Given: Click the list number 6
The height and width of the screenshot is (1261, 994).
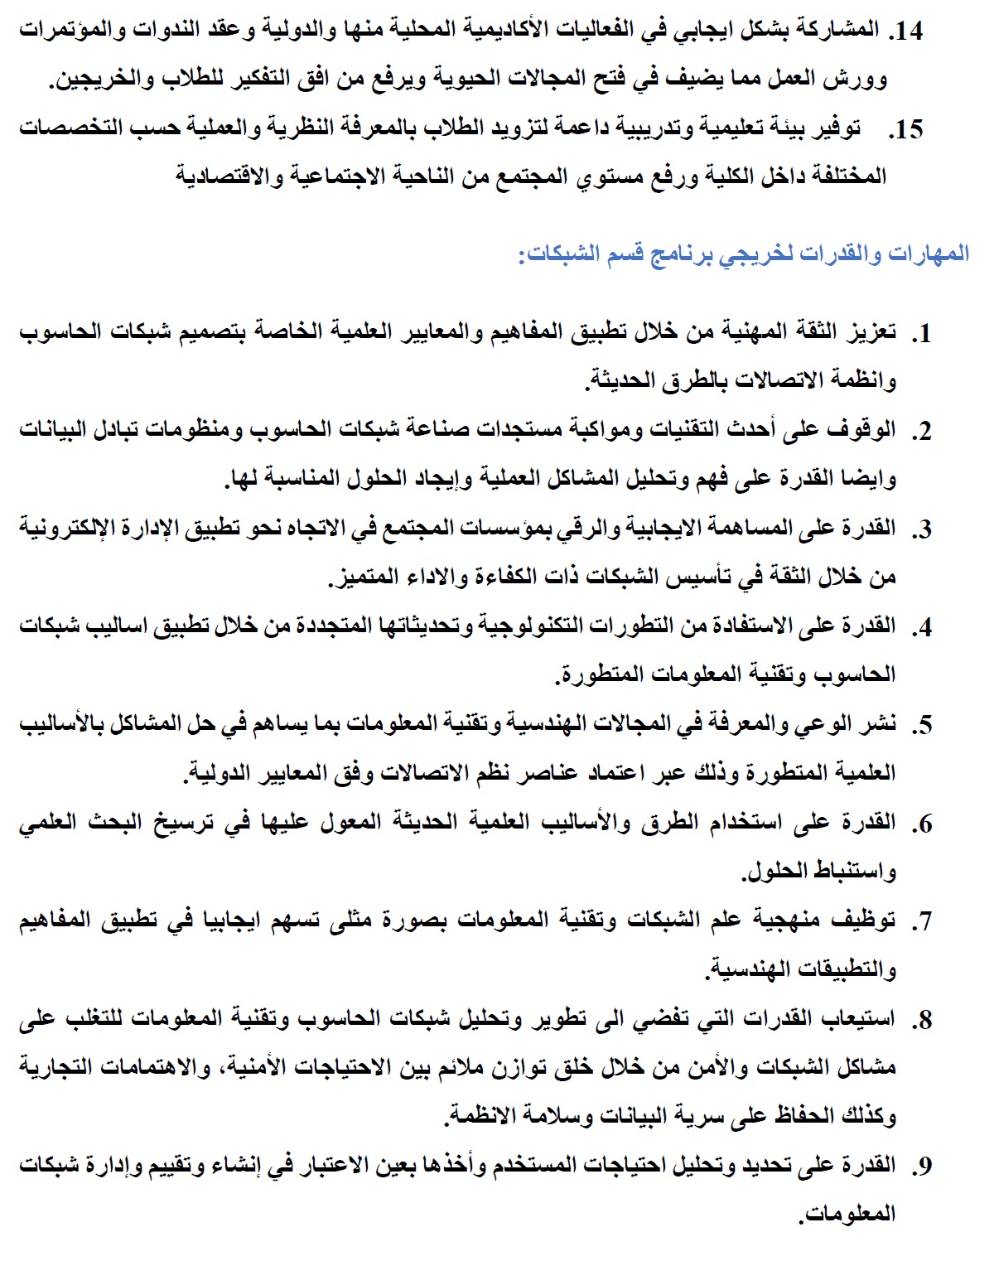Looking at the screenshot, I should [920, 824].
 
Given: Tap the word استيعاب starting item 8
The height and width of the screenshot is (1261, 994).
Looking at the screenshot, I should [857, 1018].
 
